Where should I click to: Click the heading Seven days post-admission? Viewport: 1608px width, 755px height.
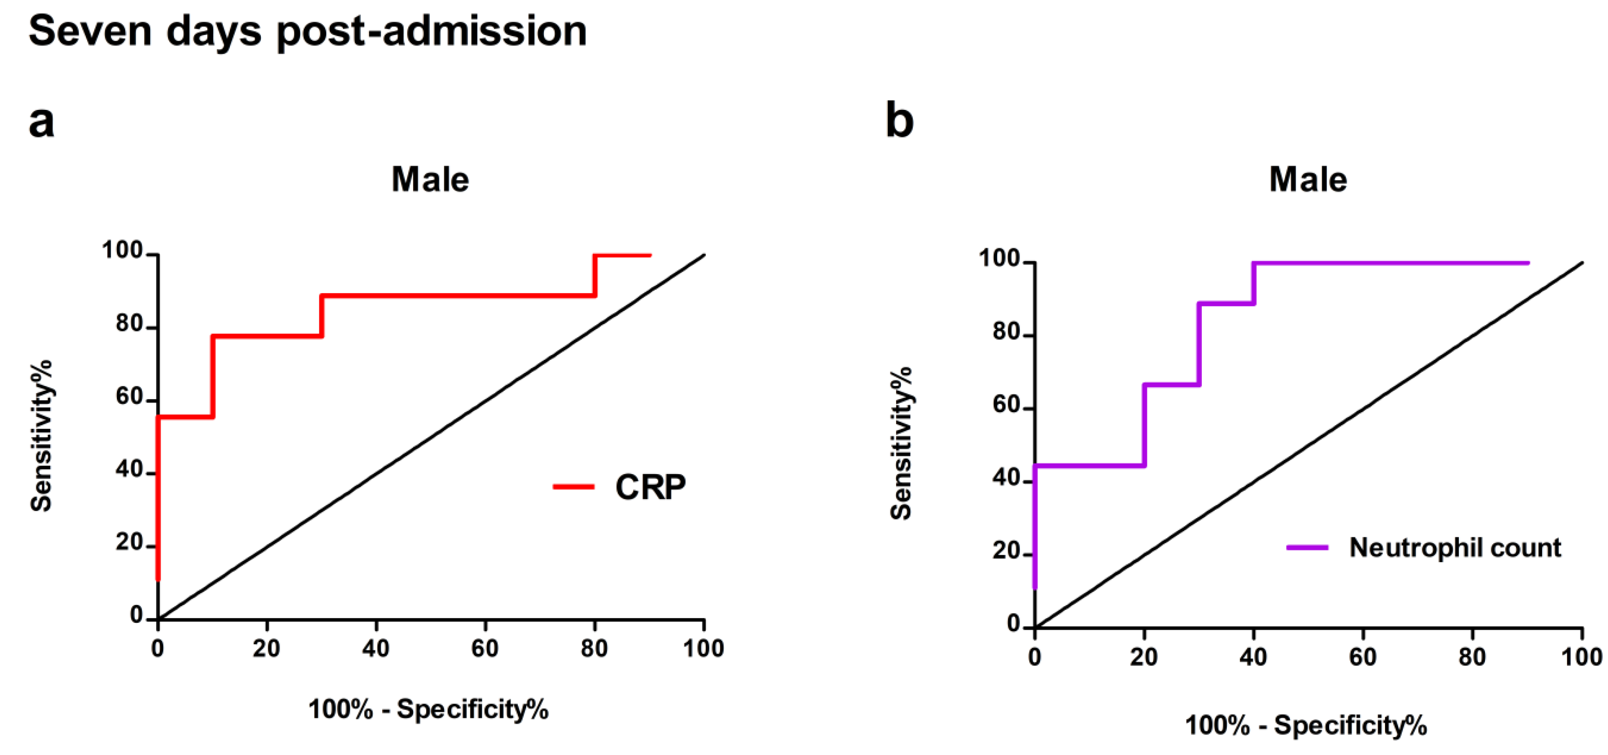[307, 31]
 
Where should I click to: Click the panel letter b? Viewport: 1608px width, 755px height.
[900, 121]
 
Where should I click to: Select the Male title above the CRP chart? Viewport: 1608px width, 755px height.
[430, 180]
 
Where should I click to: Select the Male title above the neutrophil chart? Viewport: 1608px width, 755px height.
[1308, 180]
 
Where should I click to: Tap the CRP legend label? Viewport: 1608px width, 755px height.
[650, 487]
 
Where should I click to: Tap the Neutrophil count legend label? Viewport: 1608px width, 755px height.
[1454, 548]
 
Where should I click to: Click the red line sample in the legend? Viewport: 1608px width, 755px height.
[573, 487]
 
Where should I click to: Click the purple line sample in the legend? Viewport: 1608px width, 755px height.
[1307, 548]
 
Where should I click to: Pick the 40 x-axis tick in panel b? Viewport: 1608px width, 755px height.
[1253, 657]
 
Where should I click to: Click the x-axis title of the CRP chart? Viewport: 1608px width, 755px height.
[429, 710]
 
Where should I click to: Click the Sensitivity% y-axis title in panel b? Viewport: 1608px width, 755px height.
[901, 443]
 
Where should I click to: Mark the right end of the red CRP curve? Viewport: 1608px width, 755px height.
[650, 255]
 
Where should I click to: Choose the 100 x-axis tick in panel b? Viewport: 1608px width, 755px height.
[1581, 657]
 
